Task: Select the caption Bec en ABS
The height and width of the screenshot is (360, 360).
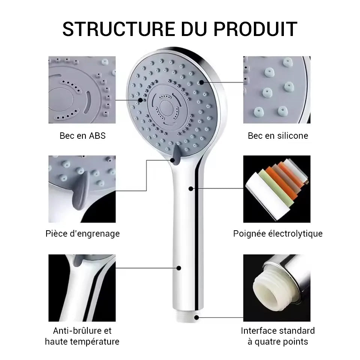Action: (82, 136)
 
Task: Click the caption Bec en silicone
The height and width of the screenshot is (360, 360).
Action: (278, 136)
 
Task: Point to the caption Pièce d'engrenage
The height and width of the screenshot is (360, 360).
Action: (82, 234)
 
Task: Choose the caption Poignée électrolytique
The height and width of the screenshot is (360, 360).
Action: (278, 234)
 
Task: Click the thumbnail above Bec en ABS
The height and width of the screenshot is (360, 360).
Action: (82, 90)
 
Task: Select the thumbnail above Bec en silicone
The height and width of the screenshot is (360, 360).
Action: (277, 90)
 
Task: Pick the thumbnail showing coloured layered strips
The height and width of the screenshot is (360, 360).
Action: (277, 189)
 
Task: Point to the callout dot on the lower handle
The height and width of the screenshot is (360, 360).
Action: (179, 268)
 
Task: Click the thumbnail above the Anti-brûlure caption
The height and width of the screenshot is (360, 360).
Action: (82, 288)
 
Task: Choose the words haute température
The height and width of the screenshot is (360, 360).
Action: (82, 342)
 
